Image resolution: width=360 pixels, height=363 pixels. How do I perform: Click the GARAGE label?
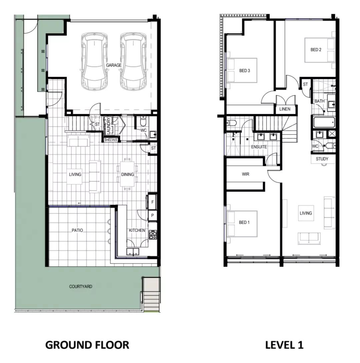[x=114, y=65]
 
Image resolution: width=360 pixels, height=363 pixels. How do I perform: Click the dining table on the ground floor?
[x=127, y=174]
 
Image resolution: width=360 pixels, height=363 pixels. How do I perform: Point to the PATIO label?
[x=77, y=230]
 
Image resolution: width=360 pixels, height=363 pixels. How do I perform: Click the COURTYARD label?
[x=81, y=287]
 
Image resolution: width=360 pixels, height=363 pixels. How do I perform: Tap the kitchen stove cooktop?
[x=153, y=235]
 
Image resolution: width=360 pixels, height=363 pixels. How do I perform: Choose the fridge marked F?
[x=152, y=202]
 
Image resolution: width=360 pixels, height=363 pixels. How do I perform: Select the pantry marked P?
[x=152, y=216]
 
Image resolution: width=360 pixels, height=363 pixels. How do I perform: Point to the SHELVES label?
[x=111, y=140]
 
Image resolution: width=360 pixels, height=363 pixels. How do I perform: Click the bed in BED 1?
[x=242, y=224]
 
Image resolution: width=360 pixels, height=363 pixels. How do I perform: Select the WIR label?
[x=245, y=174]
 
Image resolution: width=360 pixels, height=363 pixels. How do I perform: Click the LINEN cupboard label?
[x=285, y=109]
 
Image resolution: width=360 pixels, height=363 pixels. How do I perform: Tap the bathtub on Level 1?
[x=324, y=122]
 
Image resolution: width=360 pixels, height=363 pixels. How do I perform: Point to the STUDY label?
[x=322, y=159]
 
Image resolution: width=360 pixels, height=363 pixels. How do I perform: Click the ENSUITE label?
[x=259, y=147]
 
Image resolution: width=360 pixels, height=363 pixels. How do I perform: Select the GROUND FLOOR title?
[x=87, y=345]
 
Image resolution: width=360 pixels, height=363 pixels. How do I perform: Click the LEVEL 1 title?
[x=284, y=345]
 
